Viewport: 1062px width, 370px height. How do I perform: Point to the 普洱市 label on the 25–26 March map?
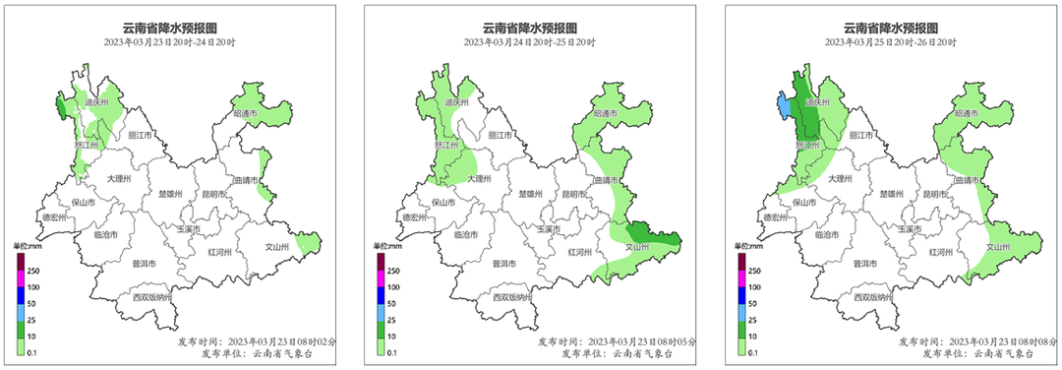pos(864,264)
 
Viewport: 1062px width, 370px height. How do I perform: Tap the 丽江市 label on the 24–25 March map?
pos(500,135)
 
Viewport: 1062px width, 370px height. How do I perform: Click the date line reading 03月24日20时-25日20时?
pos(530,42)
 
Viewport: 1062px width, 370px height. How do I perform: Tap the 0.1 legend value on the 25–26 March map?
pos(753,350)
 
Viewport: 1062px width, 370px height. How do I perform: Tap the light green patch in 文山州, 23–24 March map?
pos(308,242)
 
